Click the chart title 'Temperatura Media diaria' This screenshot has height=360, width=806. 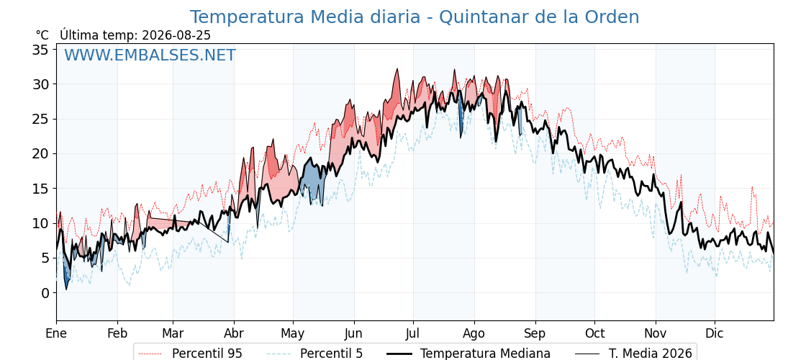305,17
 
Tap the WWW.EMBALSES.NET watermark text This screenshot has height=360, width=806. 150,55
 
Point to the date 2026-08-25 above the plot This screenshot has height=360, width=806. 176,35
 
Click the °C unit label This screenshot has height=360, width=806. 42,35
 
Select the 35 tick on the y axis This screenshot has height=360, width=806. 42,50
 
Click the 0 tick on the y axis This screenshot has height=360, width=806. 46,293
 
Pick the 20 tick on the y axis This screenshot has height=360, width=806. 42,154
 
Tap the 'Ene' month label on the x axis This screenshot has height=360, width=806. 56,333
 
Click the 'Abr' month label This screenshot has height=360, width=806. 234,333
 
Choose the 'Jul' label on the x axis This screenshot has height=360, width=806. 414,333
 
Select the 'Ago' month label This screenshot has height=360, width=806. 474,334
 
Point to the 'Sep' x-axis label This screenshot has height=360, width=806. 535,334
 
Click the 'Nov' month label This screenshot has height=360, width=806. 656,333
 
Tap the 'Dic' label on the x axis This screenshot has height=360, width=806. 715,333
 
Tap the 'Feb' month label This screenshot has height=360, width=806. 117,333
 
